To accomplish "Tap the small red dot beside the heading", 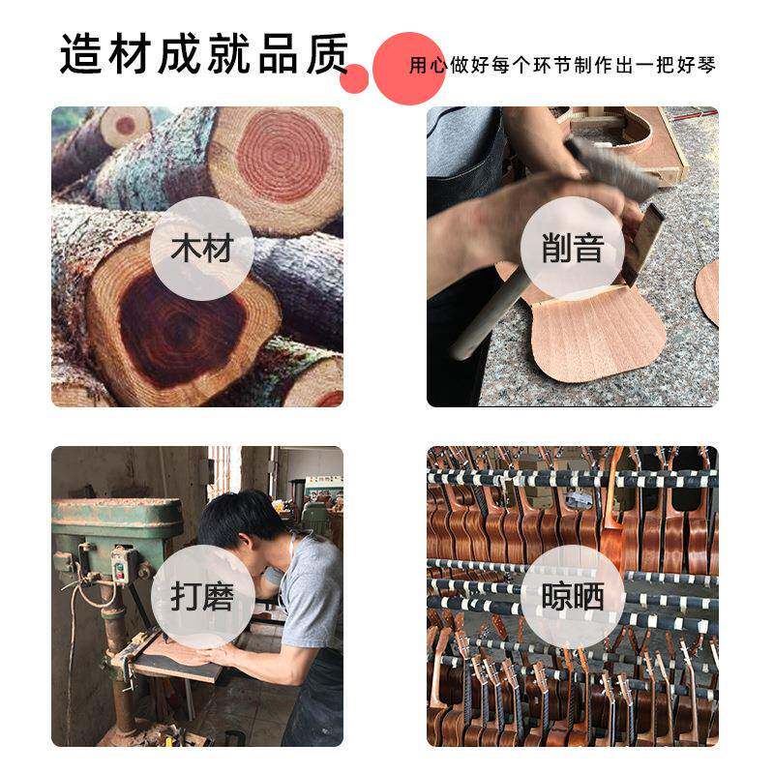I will click(x=354, y=78).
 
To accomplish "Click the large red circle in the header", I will click(x=407, y=68).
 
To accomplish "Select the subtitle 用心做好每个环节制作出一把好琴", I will click(x=562, y=67).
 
